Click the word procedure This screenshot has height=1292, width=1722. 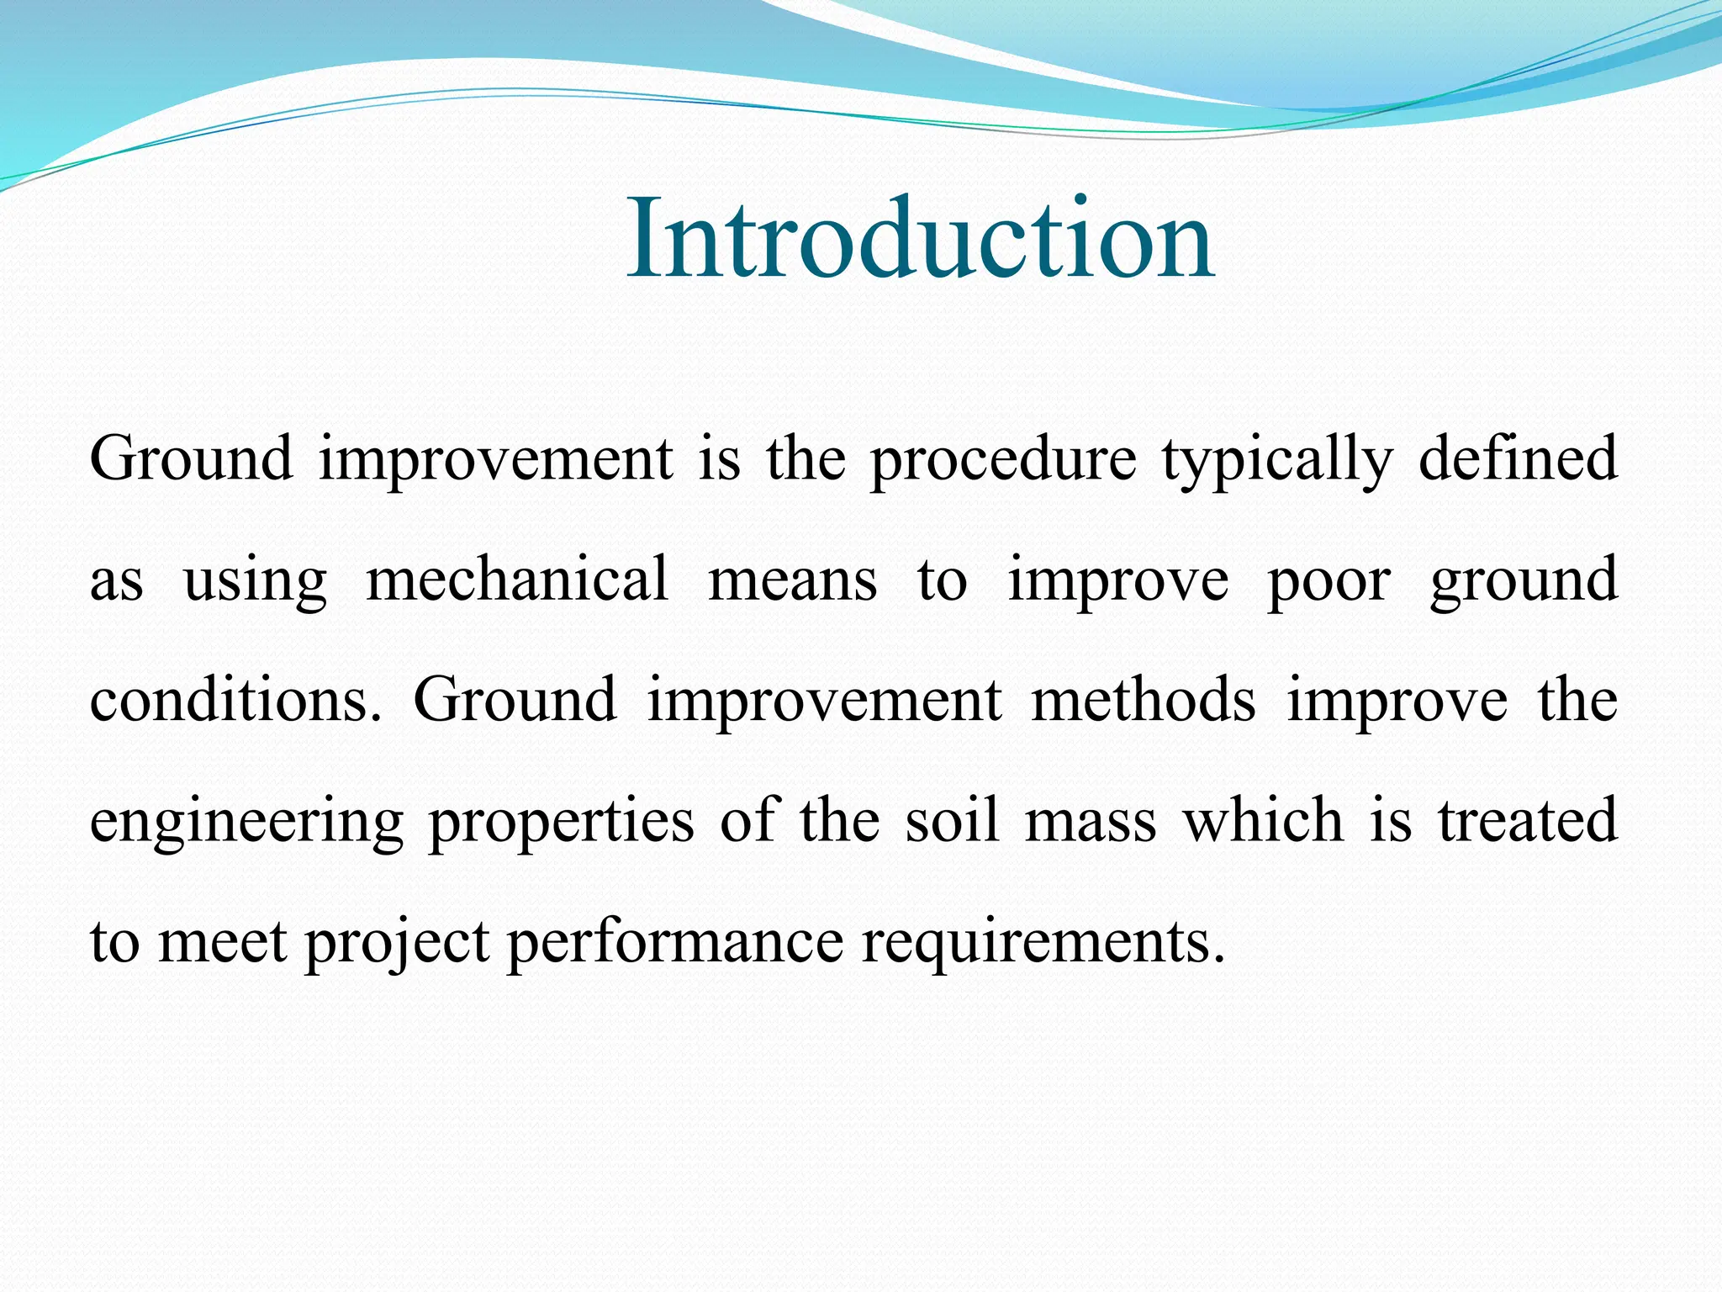[x=1002, y=460]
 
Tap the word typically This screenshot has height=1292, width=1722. [x=1277, y=460]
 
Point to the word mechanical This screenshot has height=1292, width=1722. [x=517, y=580]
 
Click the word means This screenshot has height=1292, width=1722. [x=793, y=581]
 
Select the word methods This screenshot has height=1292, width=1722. [x=1143, y=701]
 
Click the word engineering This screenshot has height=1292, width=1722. [x=246, y=823]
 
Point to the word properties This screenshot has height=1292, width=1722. [x=561, y=823]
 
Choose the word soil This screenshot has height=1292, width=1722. [x=953, y=821]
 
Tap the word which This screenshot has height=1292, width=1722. [x=1264, y=821]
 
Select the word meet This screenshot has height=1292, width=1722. [x=222, y=942]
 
